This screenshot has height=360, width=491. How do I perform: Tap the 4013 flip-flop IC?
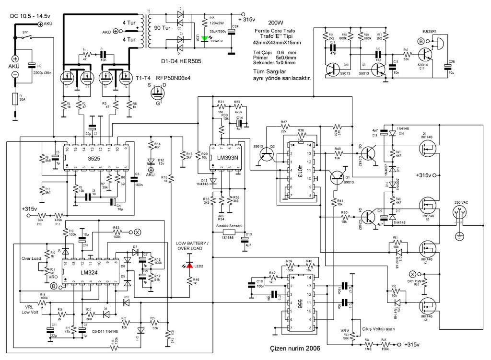(x=299, y=171)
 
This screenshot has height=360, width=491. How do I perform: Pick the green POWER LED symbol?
(x=205, y=37)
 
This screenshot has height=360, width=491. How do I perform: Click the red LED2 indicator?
(x=189, y=265)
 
